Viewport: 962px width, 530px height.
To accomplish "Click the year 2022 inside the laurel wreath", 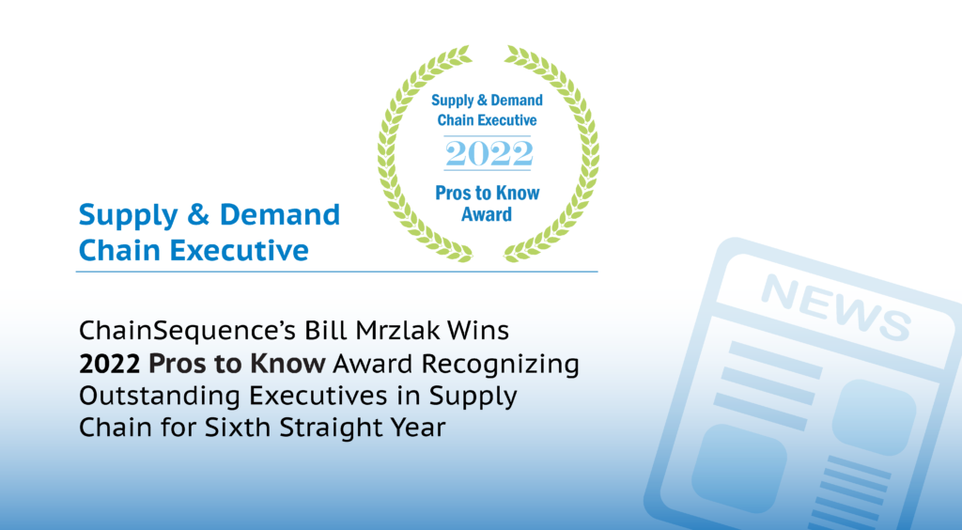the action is tap(489, 153).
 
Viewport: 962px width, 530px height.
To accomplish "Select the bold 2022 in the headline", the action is tap(109, 365).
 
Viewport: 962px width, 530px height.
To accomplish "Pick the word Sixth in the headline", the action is tap(238, 428).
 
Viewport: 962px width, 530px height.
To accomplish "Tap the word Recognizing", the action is tap(500, 365).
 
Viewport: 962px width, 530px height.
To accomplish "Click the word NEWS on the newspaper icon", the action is tap(835, 307).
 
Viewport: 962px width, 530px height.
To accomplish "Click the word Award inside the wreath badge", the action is tap(487, 214).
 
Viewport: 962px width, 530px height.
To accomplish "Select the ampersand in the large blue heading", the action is tap(198, 215).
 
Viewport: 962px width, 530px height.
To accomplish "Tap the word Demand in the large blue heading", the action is tap(280, 215).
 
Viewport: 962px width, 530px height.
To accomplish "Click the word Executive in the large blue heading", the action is tap(240, 250).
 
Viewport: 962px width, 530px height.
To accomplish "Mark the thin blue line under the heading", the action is tap(337, 272).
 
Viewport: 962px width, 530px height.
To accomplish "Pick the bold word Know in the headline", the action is tap(287, 365).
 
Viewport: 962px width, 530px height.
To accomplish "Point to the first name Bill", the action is tap(327, 331).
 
